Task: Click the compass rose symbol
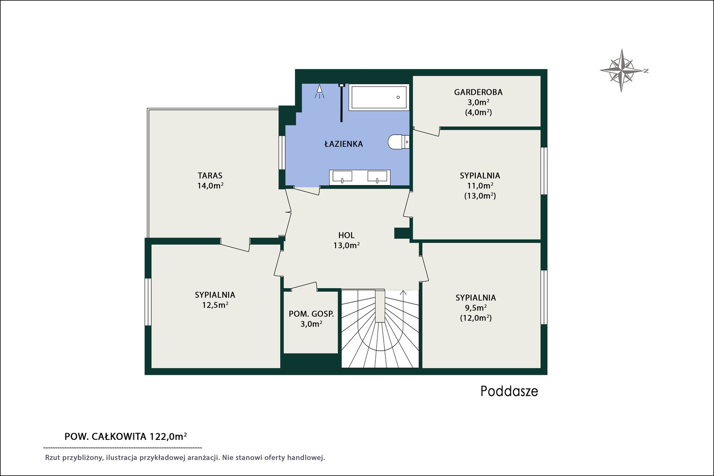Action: point(621,71)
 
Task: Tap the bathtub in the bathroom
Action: point(379,97)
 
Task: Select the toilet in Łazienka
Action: point(399,142)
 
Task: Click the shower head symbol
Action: point(320,91)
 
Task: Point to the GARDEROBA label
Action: point(478,92)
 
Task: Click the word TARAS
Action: point(210,176)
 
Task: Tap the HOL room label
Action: point(346,236)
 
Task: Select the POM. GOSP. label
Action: point(311,314)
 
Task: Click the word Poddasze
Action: point(509,392)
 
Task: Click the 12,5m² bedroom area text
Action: point(215,305)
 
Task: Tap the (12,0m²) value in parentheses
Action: point(476,318)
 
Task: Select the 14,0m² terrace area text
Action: point(210,186)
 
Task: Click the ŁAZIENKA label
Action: point(344,144)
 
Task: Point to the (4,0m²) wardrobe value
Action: point(478,112)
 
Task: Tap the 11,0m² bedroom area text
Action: point(480,186)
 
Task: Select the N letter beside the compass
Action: point(646,71)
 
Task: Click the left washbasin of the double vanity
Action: point(342,176)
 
